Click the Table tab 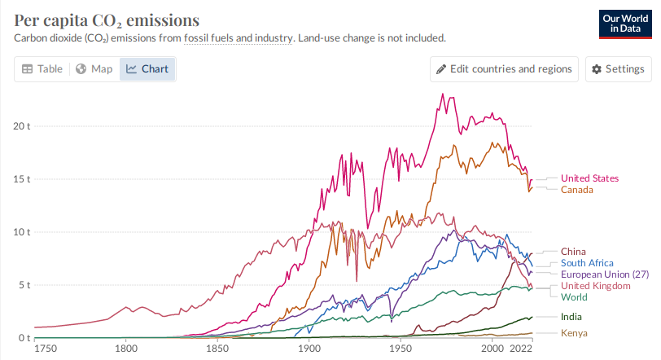click(x=42, y=69)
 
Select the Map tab click(x=94, y=69)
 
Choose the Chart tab click(x=147, y=69)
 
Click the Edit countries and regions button click(x=505, y=69)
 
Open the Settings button click(x=618, y=69)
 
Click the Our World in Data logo click(x=623, y=24)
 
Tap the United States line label click(x=589, y=178)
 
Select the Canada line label click(x=576, y=190)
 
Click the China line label click(x=573, y=252)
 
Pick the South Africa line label click(x=587, y=263)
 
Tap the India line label click(x=571, y=316)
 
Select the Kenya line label click(x=574, y=333)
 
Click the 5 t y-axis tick click(x=23, y=285)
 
